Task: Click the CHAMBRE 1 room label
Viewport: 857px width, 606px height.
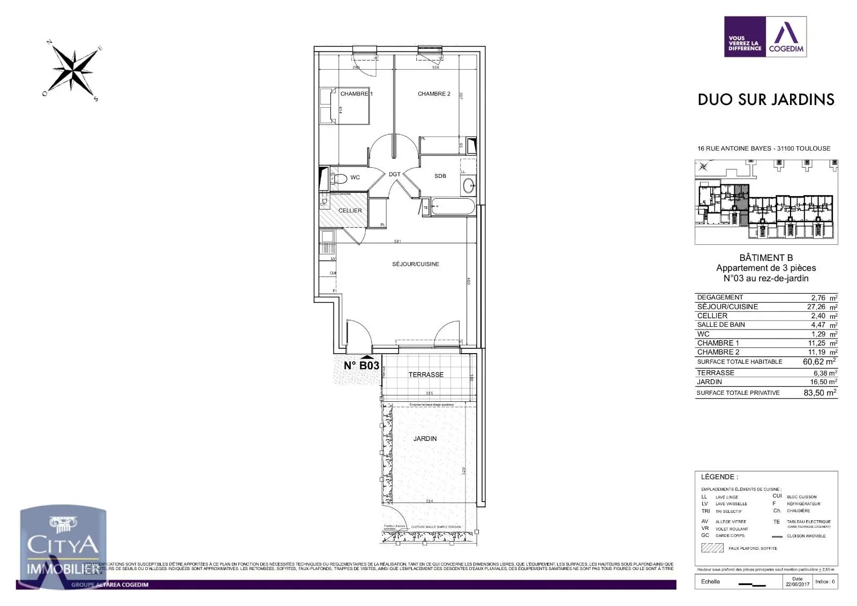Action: coord(356,94)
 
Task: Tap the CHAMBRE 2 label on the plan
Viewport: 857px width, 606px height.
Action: coord(434,94)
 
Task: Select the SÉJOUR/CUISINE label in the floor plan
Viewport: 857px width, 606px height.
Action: coord(416,264)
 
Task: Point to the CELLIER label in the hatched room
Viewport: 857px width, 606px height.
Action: coord(350,211)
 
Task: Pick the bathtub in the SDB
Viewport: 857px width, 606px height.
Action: coord(453,207)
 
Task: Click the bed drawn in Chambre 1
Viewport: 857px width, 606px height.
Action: coord(345,106)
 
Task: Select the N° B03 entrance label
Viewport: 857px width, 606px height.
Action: coord(361,366)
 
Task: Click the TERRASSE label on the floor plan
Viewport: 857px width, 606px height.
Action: coord(426,375)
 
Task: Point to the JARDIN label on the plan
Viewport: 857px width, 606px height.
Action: coord(425,439)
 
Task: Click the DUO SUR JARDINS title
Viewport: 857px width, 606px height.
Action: coord(766,100)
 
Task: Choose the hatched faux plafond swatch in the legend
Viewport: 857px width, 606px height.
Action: coord(712,548)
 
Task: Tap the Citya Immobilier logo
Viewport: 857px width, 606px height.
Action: coord(63,547)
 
